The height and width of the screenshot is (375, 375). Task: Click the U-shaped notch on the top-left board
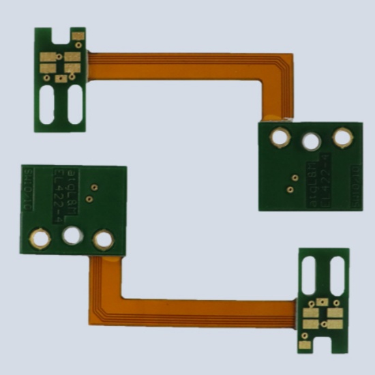click(61, 35)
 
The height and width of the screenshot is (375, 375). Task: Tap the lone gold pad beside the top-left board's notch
click(78, 37)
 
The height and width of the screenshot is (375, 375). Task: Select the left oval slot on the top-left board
click(48, 105)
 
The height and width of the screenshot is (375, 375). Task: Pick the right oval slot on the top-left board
click(74, 105)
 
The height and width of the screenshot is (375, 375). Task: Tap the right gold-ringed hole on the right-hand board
click(341, 137)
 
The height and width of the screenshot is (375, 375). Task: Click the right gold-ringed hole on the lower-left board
click(103, 239)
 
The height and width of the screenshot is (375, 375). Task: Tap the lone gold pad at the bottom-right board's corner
click(305, 344)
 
